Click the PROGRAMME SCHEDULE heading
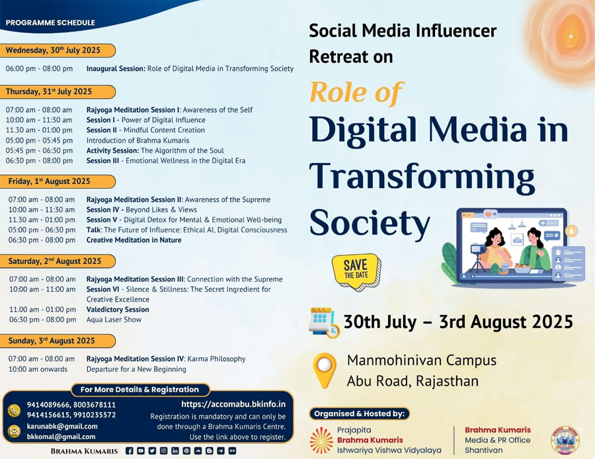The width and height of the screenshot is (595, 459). click(x=50, y=22)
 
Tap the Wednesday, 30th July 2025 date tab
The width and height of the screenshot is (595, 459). click(x=57, y=50)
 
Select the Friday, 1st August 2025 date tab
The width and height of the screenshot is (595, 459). click(x=57, y=182)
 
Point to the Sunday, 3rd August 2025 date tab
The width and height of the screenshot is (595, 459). click(x=57, y=341)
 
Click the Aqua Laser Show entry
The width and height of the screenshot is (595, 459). click(x=114, y=320)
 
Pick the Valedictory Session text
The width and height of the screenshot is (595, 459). click(x=118, y=309)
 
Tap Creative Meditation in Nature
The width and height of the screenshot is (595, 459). click(x=134, y=240)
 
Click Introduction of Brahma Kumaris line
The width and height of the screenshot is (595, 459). click(x=138, y=140)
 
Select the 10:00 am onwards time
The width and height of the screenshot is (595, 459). click(x=38, y=369)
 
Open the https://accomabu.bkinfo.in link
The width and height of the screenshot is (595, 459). click(x=233, y=404)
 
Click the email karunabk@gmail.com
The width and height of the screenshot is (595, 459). click(x=62, y=427)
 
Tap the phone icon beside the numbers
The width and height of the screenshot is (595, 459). click(x=14, y=411)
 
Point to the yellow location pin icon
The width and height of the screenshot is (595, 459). click(x=325, y=370)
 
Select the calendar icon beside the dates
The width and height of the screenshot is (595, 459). click(x=324, y=322)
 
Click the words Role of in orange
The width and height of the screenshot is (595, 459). click(x=356, y=92)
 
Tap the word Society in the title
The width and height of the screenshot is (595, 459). click(x=370, y=223)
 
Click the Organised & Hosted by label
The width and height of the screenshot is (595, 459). click(x=360, y=413)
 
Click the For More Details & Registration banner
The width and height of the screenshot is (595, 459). click(x=139, y=390)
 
